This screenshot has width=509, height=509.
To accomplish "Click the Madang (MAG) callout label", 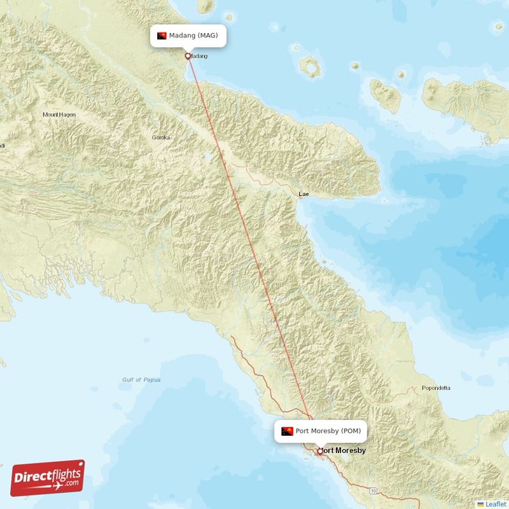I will pos(188,36).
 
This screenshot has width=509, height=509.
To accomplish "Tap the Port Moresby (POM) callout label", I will pos(321,431).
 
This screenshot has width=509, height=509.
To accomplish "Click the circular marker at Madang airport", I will pos(188,56).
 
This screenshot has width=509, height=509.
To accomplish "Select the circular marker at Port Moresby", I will pos(320,451).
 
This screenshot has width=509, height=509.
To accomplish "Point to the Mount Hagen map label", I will pos(59,115).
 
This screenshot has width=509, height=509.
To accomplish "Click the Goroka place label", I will pos(161,137).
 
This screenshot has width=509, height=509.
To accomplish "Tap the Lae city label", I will pos(304,193).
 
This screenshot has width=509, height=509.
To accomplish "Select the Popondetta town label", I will pos(436,387).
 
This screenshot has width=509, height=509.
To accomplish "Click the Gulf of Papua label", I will pos(141,380).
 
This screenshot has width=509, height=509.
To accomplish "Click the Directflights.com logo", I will pos(48,478).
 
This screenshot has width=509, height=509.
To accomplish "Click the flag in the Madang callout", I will pos(162,36).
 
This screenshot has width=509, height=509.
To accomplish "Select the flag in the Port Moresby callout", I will pos(287,431).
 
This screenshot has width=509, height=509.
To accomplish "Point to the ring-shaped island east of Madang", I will pos(310,67).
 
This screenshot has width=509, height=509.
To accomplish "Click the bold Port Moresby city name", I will pos(344,450).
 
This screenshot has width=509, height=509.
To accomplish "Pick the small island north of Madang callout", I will pos(206,6).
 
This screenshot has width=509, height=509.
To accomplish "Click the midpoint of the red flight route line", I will pos(254,253).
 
